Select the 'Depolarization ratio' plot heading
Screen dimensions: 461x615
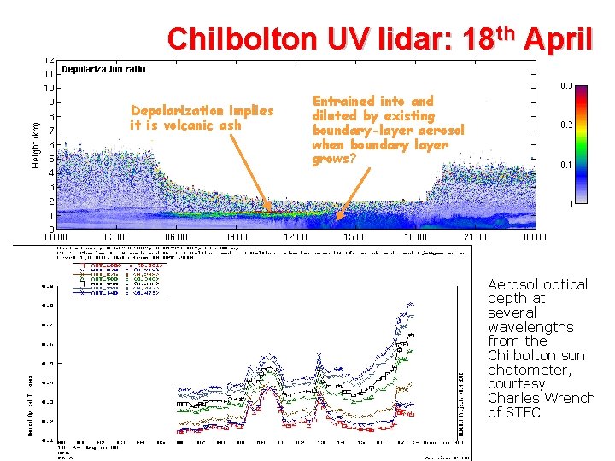(103, 69)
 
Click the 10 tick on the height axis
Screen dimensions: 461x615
(50, 88)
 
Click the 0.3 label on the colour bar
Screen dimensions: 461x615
(566, 85)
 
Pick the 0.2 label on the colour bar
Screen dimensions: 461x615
(566, 125)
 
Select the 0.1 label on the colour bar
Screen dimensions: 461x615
(566, 164)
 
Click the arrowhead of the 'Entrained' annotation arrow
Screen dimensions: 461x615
(337, 219)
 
